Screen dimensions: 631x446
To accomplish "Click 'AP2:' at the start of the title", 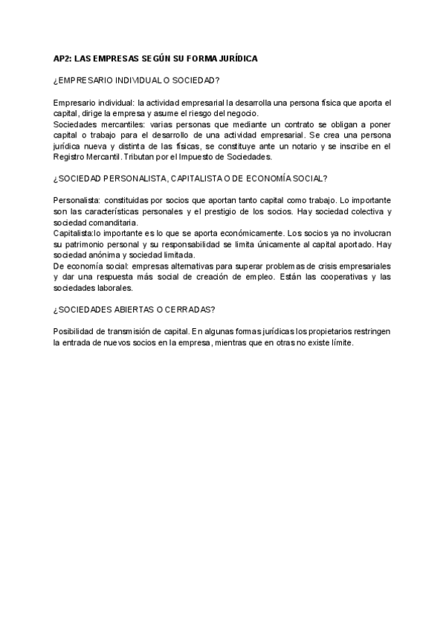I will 63,59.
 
